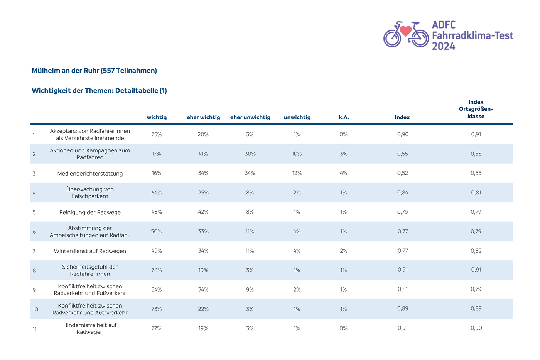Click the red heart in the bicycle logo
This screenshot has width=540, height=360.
point(405,31)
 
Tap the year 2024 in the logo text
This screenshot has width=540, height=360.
point(443,46)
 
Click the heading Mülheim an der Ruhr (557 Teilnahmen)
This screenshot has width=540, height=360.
point(94,71)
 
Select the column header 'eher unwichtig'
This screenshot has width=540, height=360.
point(250,117)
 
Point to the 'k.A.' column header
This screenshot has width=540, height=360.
point(344,117)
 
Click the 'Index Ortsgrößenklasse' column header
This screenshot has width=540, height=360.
point(476,109)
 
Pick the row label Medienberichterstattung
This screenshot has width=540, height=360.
point(90,174)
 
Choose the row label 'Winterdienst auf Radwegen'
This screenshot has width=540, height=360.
point(90,251)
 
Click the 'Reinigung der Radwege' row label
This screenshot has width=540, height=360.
point(90,213)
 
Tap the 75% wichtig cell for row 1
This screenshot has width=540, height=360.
point(157,134)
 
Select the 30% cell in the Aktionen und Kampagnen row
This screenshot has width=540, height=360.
point(250,154)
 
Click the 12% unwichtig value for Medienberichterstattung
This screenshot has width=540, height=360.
point(297,173)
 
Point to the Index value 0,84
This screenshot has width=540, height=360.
point(403,193)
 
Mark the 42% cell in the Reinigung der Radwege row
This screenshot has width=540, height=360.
point(203,212)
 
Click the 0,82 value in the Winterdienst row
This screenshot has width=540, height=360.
point(476,251)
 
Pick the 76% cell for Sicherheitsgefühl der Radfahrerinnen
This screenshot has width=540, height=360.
point(157,270)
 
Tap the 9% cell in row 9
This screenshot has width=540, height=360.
point(250,290)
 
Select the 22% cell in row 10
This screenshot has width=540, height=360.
point(203,309)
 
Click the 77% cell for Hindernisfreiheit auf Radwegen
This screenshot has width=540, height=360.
point(156,328)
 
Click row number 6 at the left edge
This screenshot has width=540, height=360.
point(34,232)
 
